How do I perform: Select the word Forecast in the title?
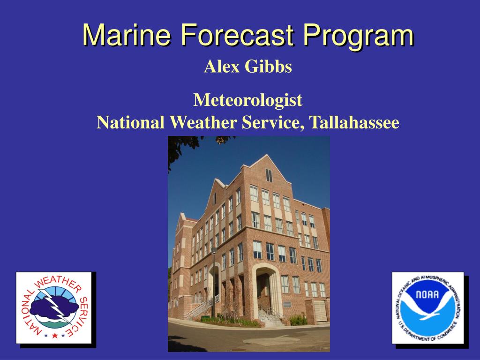point(237,35)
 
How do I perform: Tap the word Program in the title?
point(358,35)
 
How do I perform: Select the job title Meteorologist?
point(248,99)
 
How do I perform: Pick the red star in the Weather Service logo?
point(54,335)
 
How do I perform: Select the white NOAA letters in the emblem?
point(427,295)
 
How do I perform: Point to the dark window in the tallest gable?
point(269,175)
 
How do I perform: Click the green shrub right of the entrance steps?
point(298,320)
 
